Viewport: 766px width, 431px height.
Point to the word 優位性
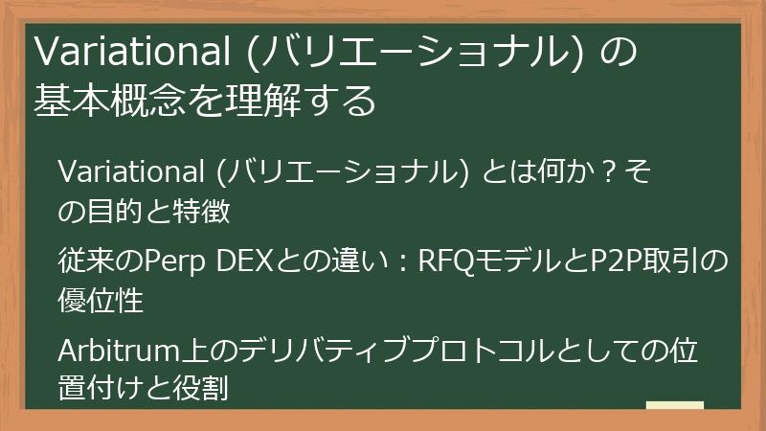pyautogui.click(x=101, y=300)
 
